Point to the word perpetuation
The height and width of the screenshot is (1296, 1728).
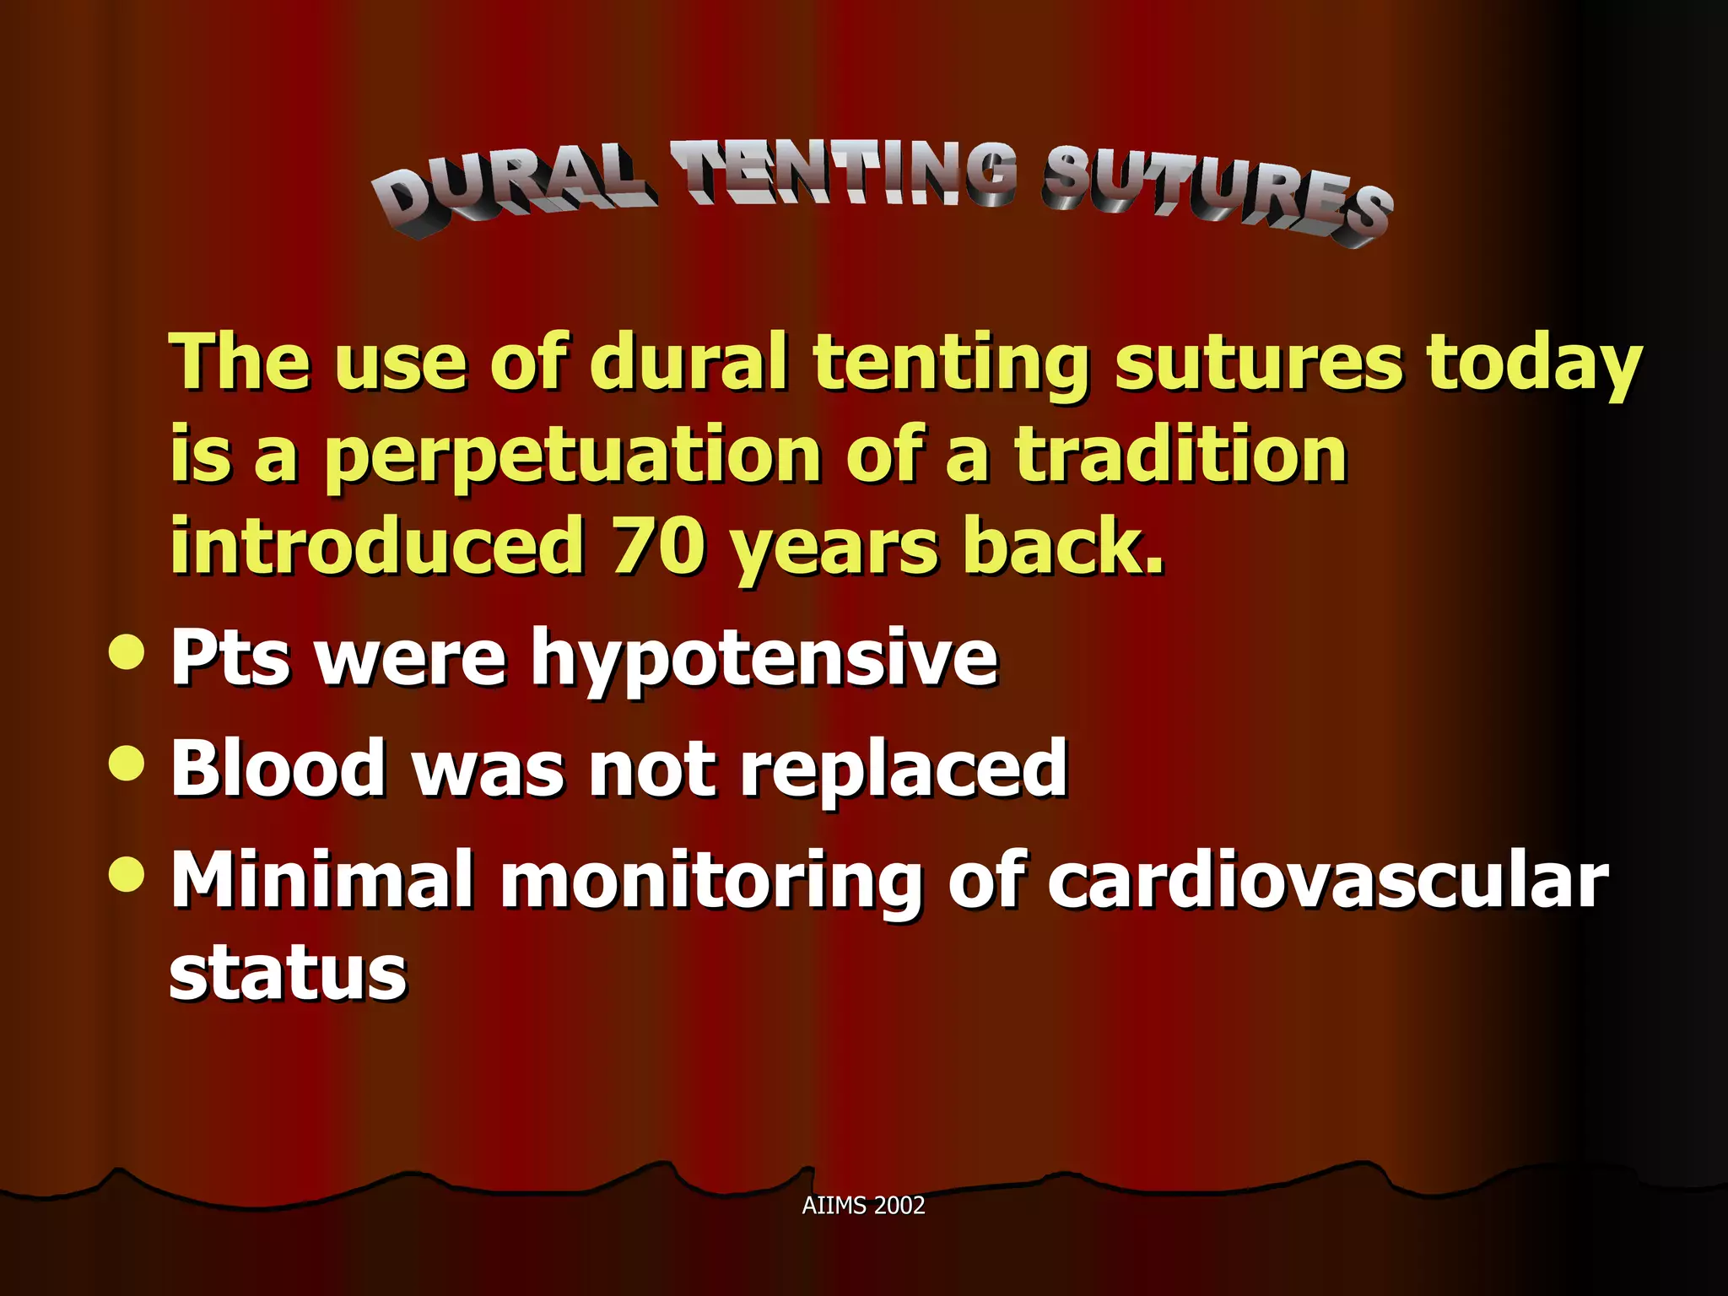(573, 456)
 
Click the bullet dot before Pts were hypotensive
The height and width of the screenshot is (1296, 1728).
(127, 651)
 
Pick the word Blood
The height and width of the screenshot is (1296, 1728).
(278, 768)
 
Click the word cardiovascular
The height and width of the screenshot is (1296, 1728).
(1328, 880)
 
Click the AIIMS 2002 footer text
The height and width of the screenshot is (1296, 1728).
(863, 1205)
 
